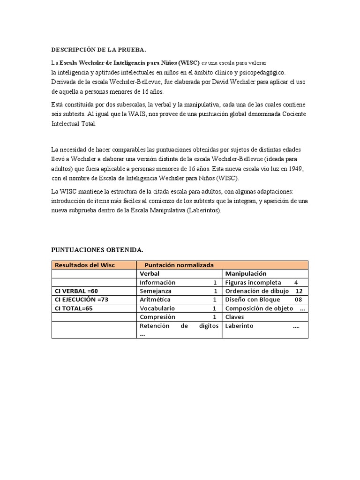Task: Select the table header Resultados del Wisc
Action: (85, 265)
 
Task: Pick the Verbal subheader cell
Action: (150, 274)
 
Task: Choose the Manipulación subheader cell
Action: (246, 274)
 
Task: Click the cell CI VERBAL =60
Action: (76, 291)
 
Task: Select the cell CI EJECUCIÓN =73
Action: (82, 300)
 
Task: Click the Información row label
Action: (157, 283)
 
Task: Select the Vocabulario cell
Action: (157, 308)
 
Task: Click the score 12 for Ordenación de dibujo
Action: (299, 291)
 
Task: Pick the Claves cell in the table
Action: (235, 317)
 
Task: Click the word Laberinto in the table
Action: (239, 326)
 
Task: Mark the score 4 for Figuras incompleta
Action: (296, 283)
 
